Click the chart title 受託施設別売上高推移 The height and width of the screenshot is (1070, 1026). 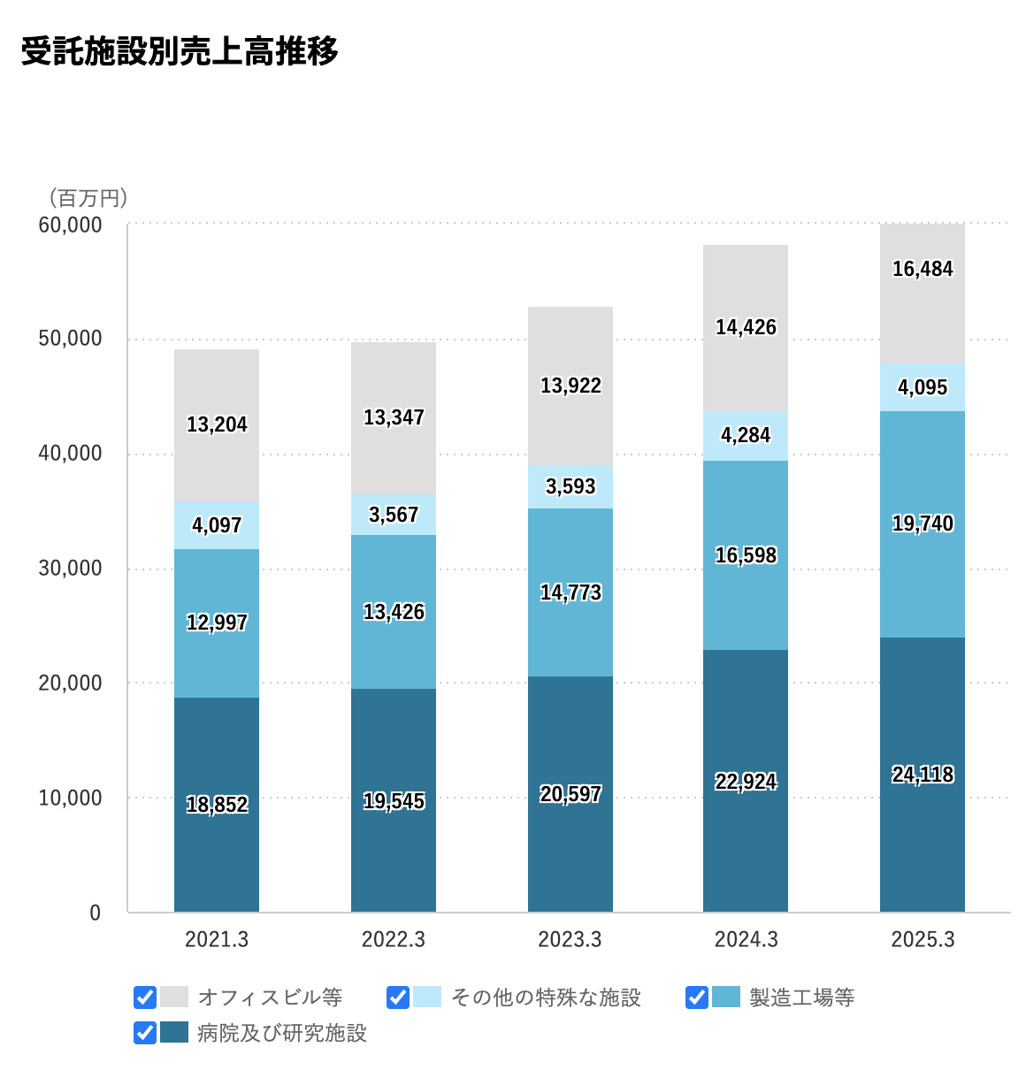click(x=180, y=51)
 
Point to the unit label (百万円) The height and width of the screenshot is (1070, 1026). click(x=88, y=197)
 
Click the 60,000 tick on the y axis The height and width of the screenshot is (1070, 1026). click(x=71, y=225)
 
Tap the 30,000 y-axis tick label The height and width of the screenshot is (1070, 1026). click(x=71, y=569)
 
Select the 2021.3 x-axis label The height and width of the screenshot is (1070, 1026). click(x=217, y=939)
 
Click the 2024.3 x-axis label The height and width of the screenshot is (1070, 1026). click(x=746, y=939)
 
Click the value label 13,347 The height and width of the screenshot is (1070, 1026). click(x=394, y=417)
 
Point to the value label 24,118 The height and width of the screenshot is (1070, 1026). click(x=923, y=775)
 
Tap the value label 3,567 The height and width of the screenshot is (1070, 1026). click(x=394, y=515)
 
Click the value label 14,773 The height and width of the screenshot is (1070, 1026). click(x=570, y=592)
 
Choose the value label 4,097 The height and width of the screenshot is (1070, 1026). click(x=217, y=525)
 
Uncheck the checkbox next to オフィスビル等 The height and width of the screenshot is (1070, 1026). click(x=145, y=997)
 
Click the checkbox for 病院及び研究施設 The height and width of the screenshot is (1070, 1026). click(x=145, y=1033)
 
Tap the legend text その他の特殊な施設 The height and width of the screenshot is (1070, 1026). click(x=546, y=997)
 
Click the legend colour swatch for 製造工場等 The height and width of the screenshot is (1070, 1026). click(x=726, y=997)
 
